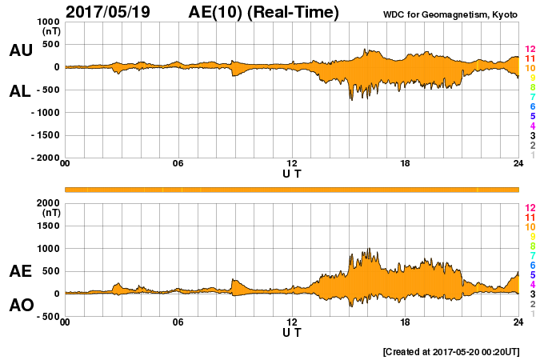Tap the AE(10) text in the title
pyautogui.click(x=214, y=12)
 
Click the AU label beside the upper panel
pyautogui.click(x=21, y=51)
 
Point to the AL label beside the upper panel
pyautogui.click(x=21, y=91)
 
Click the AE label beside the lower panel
pyautogui.click(x=21, y=272)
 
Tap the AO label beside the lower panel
pyautogui.click(x=21, y=306)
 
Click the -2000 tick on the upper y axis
pyautogui.click(x=45, y=158)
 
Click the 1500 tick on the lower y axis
pyautogui.click(x=48, y=226)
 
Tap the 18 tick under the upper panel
pyautogui.click(x=406, y=165)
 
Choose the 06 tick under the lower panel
pyautogui.click(x=178, y=323)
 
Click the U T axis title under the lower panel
pyautogui.click(x=292, y=332)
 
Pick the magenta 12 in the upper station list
pyautogui.click(x=530, y=50)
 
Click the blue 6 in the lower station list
pyautogui.click(x=532, y=265)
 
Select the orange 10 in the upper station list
pyautogui.click(x=530, y=69)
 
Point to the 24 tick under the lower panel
pyautogui.click(x=518, y=323)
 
